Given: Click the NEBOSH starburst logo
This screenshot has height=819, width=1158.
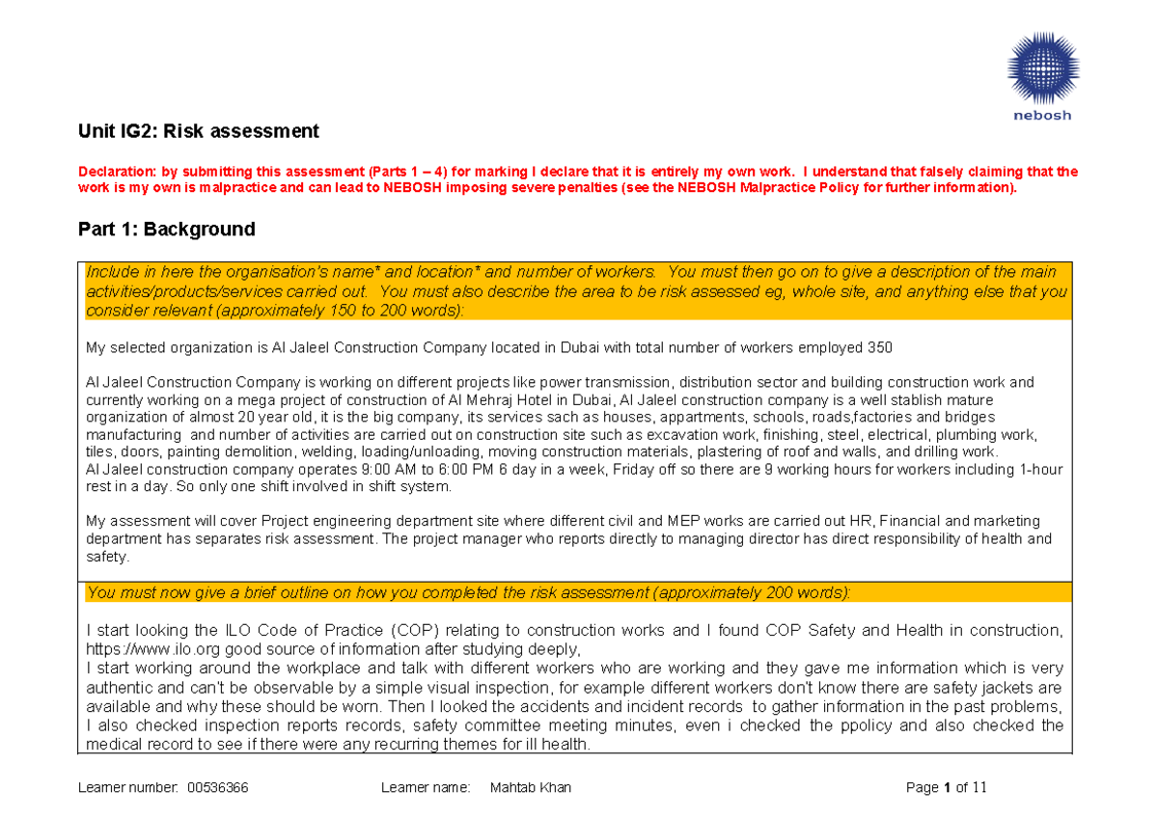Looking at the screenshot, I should pos(1042,67).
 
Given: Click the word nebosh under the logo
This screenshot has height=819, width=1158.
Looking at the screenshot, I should pos(1041,116).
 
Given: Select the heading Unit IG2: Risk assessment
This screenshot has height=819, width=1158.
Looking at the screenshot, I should pos(198,130).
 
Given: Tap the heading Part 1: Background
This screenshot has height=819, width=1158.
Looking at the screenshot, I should pos(166,230).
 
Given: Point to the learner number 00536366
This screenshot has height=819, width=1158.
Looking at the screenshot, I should pos(218,788).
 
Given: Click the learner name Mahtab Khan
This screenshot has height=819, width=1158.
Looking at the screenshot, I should pos(530,788).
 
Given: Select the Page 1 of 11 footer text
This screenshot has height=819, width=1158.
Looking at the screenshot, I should pos(947,788).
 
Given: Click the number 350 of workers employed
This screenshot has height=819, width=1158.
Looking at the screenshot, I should pos(880,347).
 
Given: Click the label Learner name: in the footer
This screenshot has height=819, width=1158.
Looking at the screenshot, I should pos(425,788).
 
